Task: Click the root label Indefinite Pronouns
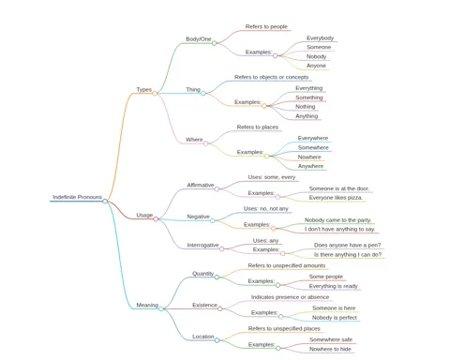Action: [77, 197]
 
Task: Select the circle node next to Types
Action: [155, 93]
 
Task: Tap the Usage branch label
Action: [144, 215]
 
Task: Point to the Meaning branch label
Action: [147, 305]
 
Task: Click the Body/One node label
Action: [199, 39]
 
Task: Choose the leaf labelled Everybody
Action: [320, 38]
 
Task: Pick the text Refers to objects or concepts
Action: [271, 77]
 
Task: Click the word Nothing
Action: [306, 107]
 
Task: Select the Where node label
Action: [194, 140]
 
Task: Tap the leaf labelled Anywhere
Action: [310, 166]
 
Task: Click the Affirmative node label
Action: [201, 185]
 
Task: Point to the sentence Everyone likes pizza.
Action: [336, 198]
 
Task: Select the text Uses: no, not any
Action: [266, 208]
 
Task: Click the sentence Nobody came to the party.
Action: [337, 220]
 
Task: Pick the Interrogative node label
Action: [202, 245]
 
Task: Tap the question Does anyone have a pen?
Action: [347, 245]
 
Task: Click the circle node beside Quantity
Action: [217, 277]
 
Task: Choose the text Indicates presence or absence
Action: [290, 297]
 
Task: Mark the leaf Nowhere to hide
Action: [330, 349]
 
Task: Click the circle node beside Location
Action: [217, 340]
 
